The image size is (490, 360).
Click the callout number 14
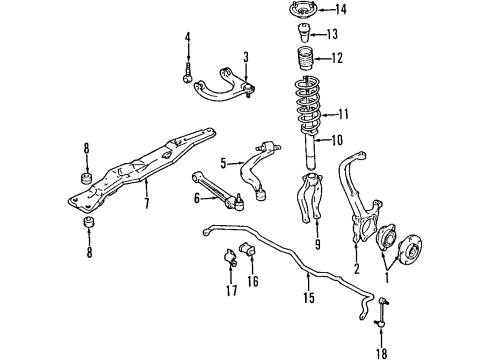(x=340, y=11)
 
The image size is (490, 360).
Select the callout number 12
(x=336, y=58)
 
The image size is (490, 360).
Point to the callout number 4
(x=187, y=40)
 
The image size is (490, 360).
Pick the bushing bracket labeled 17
(x=224, y=262)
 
